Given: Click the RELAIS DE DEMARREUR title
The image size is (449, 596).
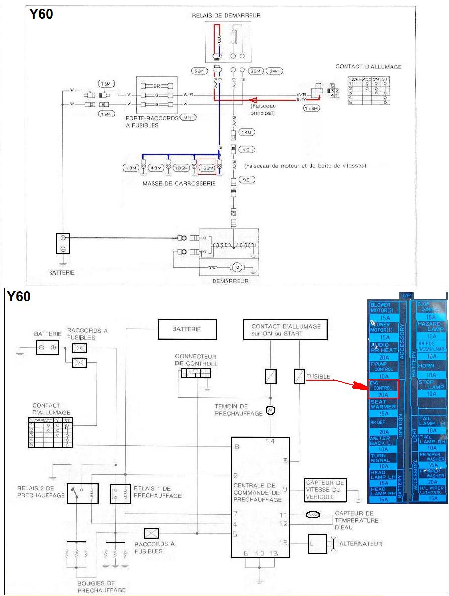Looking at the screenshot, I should [226, 16].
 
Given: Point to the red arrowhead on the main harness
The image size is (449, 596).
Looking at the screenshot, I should [253, 100].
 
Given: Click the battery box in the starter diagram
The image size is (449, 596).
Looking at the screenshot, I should [63, 244].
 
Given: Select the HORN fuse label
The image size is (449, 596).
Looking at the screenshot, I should [426, 366].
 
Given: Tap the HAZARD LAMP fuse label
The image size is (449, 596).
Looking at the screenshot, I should [428, 327].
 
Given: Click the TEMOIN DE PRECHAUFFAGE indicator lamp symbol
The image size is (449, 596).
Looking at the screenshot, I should [270, 410].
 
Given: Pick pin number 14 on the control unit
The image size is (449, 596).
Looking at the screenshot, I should [271, 441].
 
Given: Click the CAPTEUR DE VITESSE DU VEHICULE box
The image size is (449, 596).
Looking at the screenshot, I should [325, 490].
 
